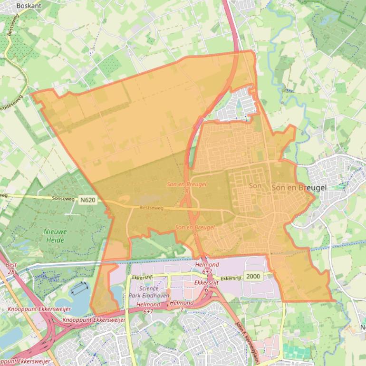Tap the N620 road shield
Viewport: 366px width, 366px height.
[88, 200]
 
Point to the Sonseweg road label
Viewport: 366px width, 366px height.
[64, 198]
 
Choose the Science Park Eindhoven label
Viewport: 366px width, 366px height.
[152, 292]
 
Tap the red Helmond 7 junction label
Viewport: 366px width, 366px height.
[181, 306]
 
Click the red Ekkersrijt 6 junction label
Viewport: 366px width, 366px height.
[207, 285]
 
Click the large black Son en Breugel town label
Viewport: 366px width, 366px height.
[299, 188]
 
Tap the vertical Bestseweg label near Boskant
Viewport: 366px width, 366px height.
[10, 25]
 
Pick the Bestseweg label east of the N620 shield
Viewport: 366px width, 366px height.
[152, 208]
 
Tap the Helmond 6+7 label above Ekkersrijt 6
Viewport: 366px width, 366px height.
[207, 267]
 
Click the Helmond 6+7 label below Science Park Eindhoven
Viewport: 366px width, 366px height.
[148, 308]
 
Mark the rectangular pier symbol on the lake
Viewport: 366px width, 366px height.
[80, 288]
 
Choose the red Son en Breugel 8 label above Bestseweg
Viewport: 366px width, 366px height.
[186, 187]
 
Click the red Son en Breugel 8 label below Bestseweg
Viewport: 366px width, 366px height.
[195, 231]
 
